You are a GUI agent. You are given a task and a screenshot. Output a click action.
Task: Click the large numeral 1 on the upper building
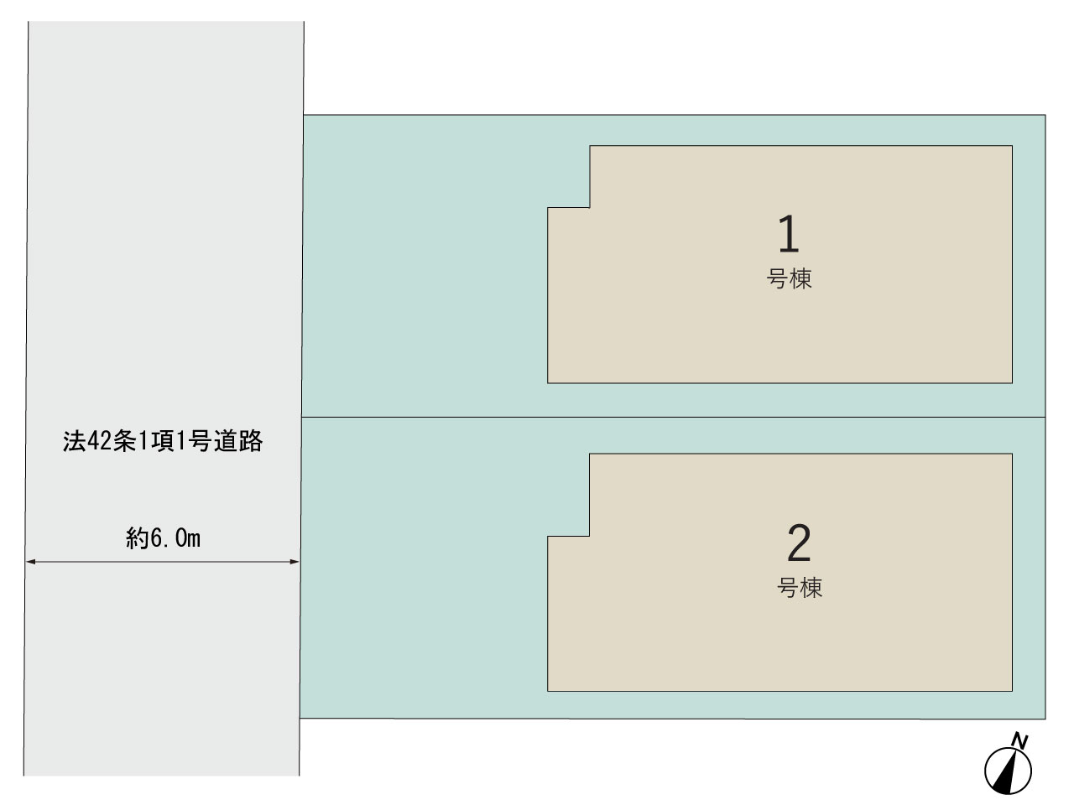(789, 234)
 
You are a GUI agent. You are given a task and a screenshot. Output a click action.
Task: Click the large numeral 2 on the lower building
(799, 543)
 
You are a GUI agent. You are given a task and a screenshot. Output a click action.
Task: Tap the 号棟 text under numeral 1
(789, 279)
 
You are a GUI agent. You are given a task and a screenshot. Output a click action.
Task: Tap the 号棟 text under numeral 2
(800, 588)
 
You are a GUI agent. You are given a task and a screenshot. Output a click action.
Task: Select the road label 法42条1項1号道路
(163, 441)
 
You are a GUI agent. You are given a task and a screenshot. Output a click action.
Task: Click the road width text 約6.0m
(163, 538)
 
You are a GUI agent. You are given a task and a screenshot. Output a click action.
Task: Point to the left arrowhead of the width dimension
(30, 562)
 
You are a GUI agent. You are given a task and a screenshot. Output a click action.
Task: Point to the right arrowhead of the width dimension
(294, 562)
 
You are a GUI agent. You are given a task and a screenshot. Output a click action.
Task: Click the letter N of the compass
(1019, 740)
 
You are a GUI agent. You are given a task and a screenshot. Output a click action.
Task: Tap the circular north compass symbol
(1008, 771)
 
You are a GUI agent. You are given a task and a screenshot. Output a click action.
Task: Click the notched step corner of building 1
(589, 208)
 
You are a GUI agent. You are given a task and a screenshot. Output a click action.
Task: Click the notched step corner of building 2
(589, 536)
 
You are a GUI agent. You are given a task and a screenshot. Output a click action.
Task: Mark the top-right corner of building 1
(1012, 146)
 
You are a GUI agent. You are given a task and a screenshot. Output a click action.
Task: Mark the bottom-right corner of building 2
(1012, 691)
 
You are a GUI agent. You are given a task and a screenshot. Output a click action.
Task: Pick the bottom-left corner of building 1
(548, 382)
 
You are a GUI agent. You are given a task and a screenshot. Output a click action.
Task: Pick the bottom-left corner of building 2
(548, 691)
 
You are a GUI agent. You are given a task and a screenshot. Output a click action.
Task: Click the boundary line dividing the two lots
(673, 417)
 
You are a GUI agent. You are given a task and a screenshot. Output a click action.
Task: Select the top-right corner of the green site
(1045, 115)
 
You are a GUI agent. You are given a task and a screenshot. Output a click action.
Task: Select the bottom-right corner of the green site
(1045, 719)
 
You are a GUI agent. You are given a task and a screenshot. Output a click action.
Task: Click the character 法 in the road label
(75, 441)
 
